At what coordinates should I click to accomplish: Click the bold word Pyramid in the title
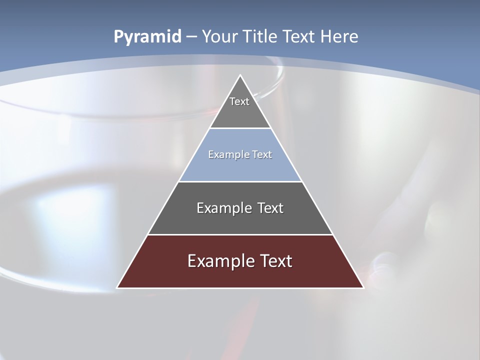point(147,37)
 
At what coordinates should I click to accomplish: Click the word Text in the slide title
point(300,36)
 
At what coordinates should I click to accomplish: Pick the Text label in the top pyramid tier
point(239,101)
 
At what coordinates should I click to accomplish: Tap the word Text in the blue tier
point(262,155)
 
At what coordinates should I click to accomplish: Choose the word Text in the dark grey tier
point(270,208)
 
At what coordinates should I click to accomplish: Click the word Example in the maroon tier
point(221,261)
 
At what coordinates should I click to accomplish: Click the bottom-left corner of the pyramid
point(117,287)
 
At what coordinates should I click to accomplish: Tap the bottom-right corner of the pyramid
point(363,287)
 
